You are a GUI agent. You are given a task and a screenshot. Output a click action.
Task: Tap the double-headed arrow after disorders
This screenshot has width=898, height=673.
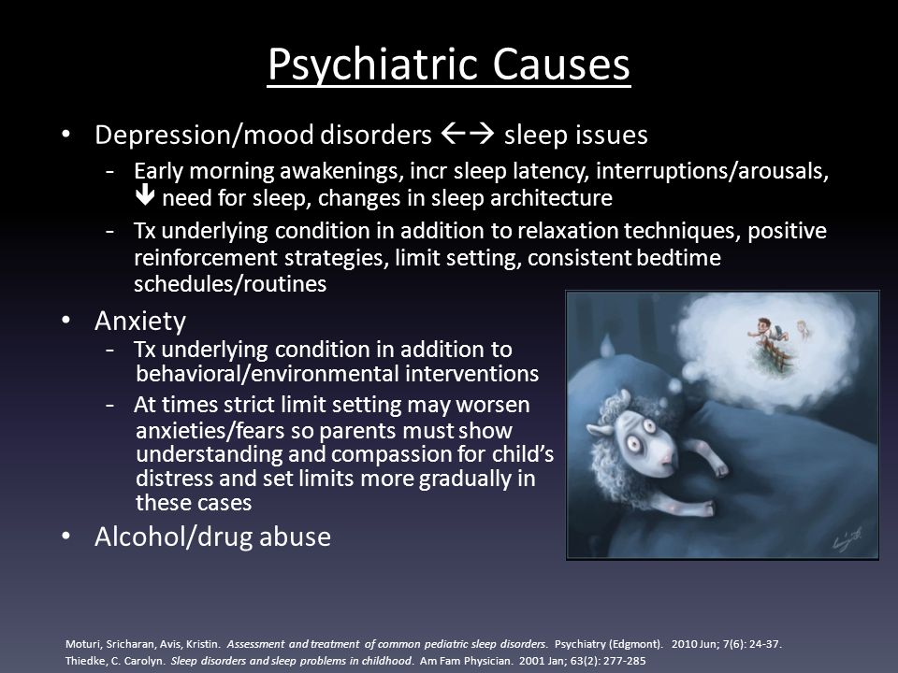pos(468,134)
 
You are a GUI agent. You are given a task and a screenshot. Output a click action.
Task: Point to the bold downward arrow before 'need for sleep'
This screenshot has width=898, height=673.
pos(145,194)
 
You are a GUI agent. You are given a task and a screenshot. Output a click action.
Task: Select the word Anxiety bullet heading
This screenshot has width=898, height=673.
pos(140,321)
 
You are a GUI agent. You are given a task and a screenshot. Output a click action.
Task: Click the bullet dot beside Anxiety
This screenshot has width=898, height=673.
pos(66,320)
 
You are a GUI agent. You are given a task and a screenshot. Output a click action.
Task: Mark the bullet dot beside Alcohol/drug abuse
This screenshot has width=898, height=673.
pos(66,537)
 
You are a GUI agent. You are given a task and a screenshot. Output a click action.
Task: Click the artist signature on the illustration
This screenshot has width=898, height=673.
pos(847,538)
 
